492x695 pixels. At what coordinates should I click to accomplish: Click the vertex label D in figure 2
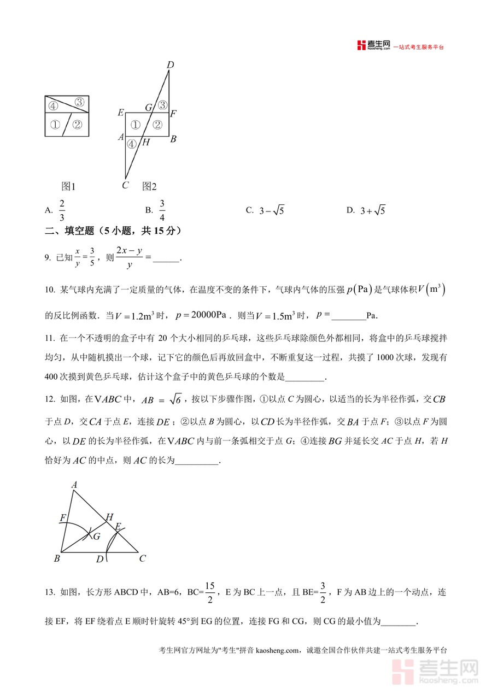click(x=170, y=66)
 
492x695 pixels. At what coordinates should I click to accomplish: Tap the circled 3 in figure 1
click(x=79, y=102)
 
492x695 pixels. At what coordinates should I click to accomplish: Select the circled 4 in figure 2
click(x=131, y=144)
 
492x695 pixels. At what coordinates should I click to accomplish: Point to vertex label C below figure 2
click(x=125, y=185)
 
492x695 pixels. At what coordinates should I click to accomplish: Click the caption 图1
click(x=68, y=186)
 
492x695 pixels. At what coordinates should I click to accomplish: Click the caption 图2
click(x=149, y=186)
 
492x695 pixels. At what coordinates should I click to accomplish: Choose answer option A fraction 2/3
click(x=62, y=210)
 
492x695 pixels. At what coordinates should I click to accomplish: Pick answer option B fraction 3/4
click(x=162, y=210)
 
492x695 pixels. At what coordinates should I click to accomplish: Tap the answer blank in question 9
click(x=166, y=258)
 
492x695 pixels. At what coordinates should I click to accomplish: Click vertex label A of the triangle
click(x=74, y=484)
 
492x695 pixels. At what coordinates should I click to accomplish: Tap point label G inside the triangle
click(x=96, y=536)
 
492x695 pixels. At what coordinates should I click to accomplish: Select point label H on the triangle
click(x=109, y=516)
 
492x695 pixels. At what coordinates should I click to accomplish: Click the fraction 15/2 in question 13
click(x=211, y=592)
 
